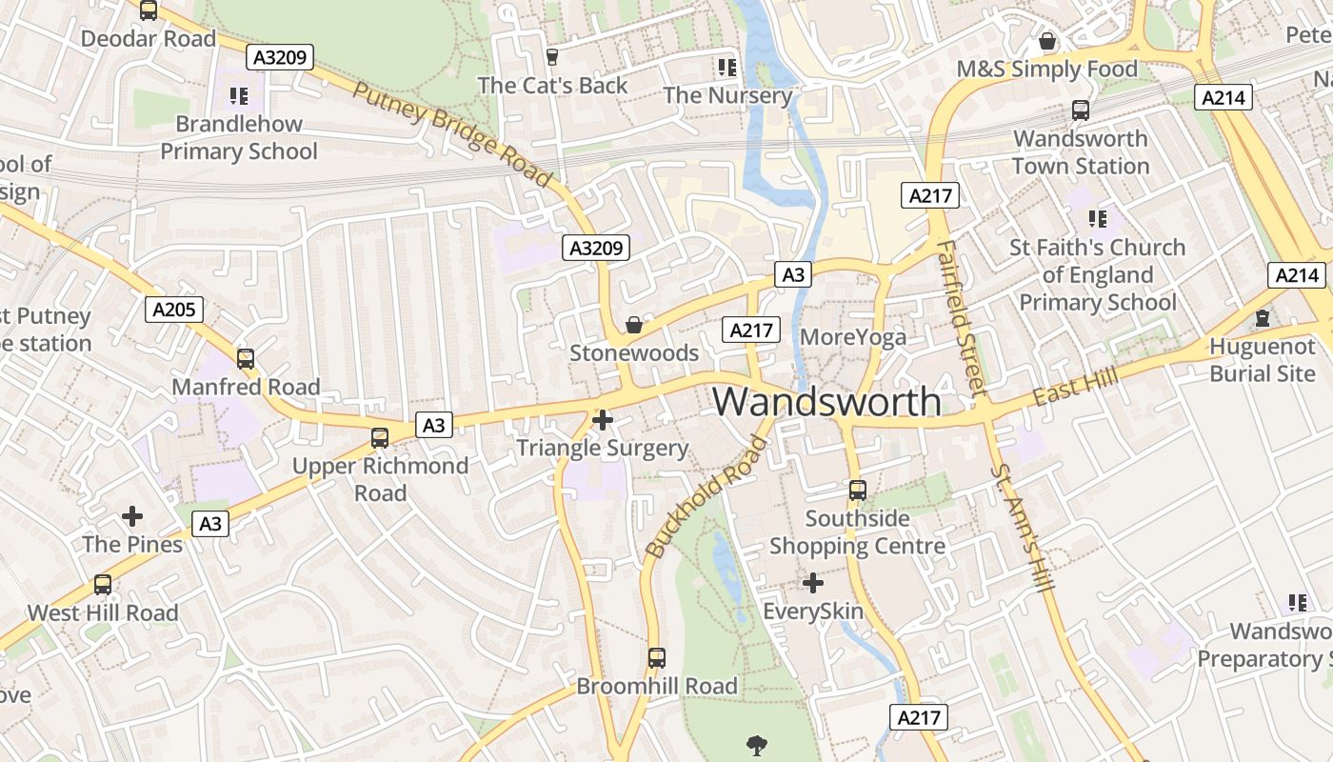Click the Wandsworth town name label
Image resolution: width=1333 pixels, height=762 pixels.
click(826, 401)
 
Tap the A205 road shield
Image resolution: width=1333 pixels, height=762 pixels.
click(174, 309)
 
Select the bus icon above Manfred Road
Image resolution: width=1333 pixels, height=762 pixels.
click(246, 359)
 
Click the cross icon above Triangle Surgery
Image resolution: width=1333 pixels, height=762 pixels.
click(602, 419)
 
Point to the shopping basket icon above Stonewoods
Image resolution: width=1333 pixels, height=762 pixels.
click(634, 326)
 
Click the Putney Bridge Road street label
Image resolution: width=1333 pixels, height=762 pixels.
click(451, 133)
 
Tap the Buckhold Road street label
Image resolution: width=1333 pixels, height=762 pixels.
click(706, 497)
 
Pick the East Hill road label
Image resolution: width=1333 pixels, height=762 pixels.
click(1077, 387)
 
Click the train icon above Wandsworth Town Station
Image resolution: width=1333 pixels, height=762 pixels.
click(1081, 110)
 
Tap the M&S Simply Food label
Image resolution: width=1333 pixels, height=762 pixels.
click(1047, 69)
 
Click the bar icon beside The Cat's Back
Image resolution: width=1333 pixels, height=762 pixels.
click(552, 58)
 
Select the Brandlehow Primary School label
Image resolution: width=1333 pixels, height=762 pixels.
click(239, 137)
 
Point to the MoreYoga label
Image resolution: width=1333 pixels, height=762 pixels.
click(853, 337)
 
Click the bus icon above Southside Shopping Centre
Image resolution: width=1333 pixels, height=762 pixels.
click(858, 491)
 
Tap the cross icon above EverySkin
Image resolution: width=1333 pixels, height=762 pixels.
click(813, 583)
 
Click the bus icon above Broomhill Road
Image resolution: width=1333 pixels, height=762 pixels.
click(657, 657)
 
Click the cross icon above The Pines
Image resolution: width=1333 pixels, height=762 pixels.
click(132, 516)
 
